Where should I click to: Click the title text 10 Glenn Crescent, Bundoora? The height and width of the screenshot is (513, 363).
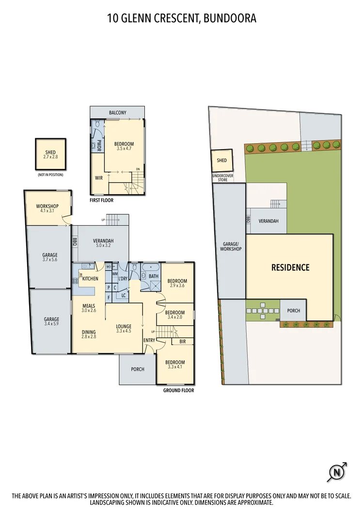click(181, 18)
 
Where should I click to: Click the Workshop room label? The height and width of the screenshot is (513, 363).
click(47, 207)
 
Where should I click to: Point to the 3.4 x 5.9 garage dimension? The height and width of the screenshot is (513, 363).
click(51, 324)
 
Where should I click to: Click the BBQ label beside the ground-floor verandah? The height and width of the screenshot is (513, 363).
click(75, 241)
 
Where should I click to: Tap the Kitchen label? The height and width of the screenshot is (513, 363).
click(90, 279)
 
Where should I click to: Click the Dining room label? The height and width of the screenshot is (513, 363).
click(88, 332)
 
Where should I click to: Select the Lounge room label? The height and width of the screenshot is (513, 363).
click(124, 327)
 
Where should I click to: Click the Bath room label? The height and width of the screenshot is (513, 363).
click(154, 276)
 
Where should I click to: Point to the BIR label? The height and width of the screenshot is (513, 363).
click(182, 342)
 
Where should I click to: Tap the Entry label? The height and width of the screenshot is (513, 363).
click(149, 340)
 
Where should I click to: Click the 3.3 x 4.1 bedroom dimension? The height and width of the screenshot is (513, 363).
click(175, 367)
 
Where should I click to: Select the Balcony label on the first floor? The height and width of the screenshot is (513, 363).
click(117, 113)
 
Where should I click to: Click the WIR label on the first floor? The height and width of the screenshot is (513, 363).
click(99, 178)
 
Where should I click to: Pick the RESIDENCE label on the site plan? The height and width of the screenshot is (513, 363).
click(290, 267)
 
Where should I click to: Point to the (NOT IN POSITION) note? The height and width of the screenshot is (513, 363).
click(50, 174)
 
